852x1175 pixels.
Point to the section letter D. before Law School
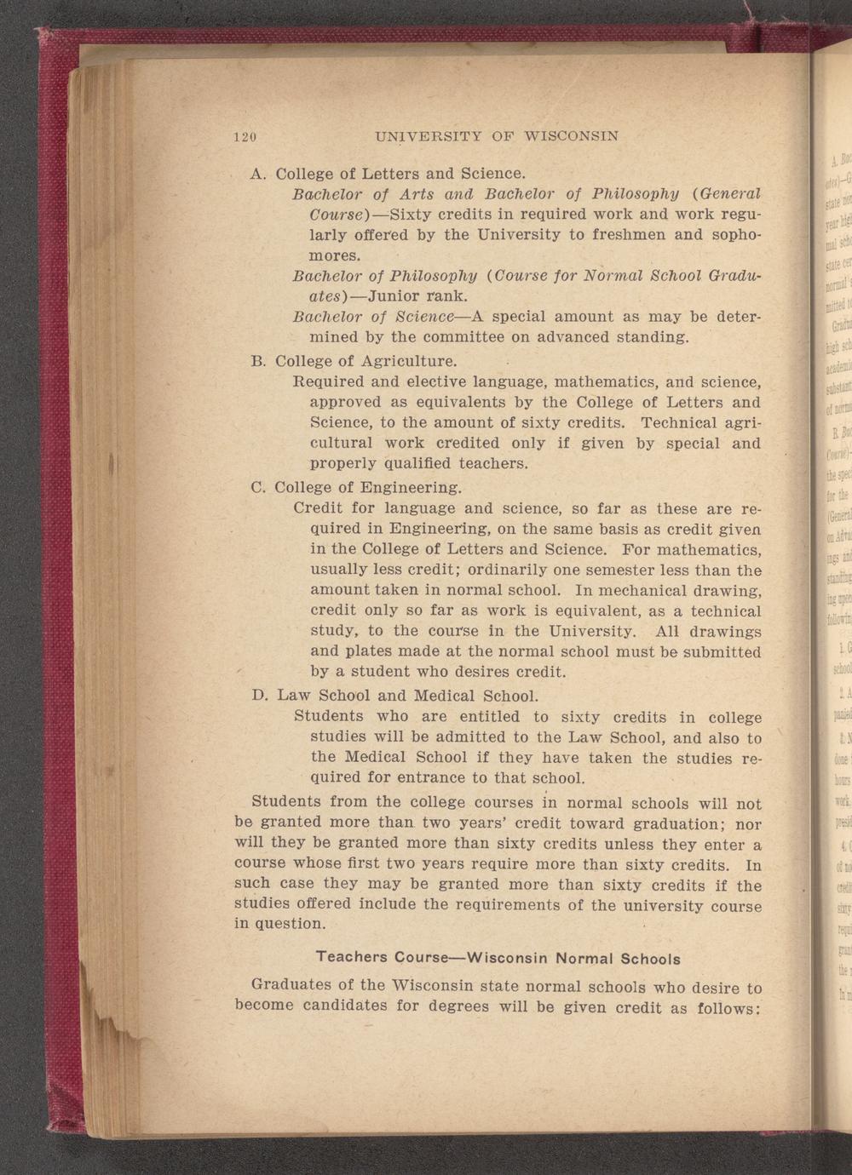click(x=262, y=696)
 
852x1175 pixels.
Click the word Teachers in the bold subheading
click(x=353, y=957)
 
